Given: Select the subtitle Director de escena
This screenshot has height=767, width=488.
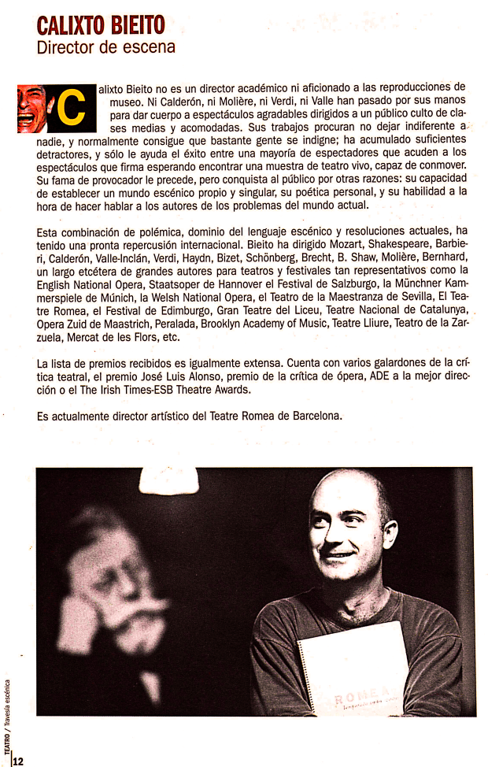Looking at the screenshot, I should click(x=105, y=47).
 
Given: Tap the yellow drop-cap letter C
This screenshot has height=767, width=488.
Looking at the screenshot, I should click(x=71, y=109).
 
